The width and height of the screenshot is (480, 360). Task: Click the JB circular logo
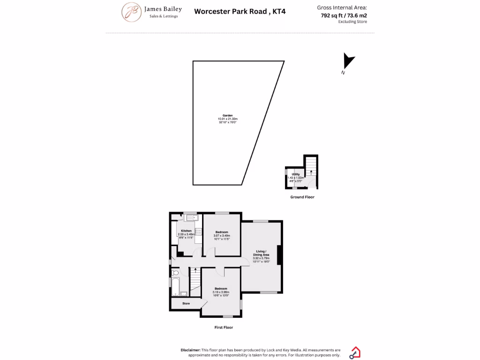pos(132,12)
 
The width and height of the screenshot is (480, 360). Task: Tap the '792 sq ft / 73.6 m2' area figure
pos(344,15)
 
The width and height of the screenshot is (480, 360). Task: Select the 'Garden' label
pos(227,115)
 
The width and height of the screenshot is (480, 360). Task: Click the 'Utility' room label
pos(296,174)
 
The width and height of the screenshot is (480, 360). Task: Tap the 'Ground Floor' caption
pos(302,197)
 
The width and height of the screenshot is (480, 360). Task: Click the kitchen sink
pos(191,217)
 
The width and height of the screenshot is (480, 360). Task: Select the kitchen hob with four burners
pos(199,231)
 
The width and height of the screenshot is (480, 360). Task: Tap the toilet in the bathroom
pos(176,273)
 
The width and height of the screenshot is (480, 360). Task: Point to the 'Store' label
pos(186,304)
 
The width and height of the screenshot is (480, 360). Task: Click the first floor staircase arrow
pos(195,270)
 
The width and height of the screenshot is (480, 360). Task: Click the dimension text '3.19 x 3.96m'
pos(221,292)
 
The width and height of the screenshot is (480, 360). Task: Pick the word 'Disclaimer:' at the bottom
pos(191,350)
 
